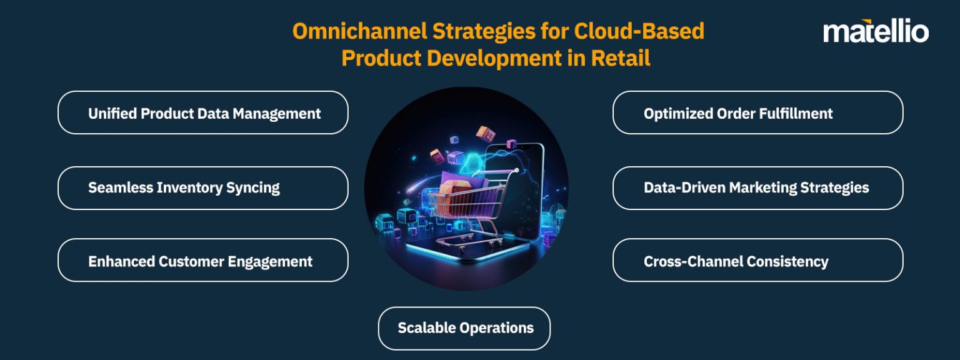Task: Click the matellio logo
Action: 876,31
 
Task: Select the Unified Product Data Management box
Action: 202,113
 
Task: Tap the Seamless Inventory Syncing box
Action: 202,187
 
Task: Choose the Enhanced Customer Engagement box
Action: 202,261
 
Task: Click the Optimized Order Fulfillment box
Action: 757,113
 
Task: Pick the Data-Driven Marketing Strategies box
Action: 757,187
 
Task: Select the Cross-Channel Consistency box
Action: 757,261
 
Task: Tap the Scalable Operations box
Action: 464,327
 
